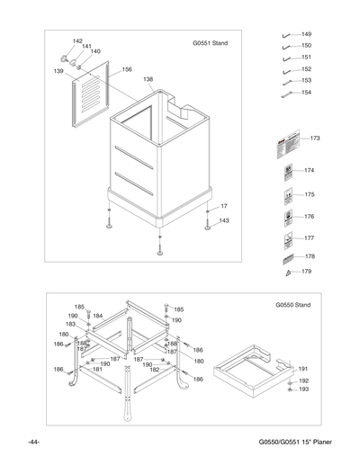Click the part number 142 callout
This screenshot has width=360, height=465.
(77, 41)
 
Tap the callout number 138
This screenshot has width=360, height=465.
(148, 80)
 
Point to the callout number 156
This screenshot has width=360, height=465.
(127, 69)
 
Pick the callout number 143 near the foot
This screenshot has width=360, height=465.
(223, 220)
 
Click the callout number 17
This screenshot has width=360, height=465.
(224, 207)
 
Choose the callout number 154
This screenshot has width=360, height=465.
(307, 93)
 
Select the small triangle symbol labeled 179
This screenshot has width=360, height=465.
(286, 271)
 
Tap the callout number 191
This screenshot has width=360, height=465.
(303, 369)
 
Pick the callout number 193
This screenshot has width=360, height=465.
(303, 389)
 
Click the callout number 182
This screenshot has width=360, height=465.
(155, 370)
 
